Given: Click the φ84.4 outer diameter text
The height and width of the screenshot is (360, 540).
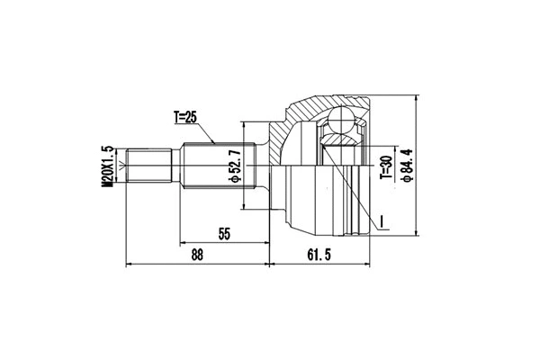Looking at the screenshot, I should pyautogui.click(x=408, y=166).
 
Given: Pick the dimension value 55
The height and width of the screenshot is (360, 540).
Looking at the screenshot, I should pyautogui.click(x=224, y=234).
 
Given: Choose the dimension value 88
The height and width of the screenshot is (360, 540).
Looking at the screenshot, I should pyautogui.click(x=196, y=255).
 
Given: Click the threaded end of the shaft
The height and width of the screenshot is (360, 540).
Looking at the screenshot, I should pyautogui.click(x=148, y=166).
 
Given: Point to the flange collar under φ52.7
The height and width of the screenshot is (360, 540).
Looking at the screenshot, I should pyautogui.click(x=265, y=166).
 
